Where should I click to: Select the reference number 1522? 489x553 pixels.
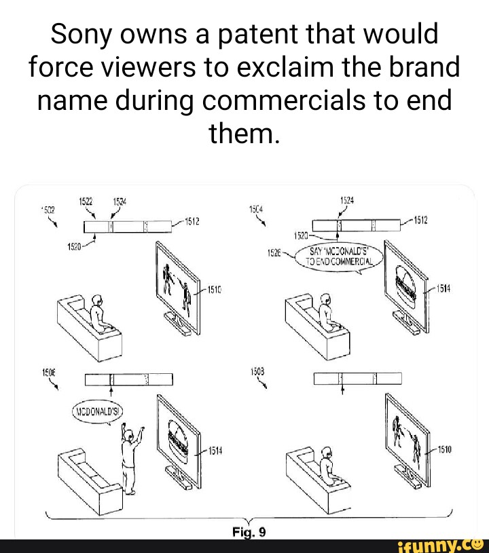click(x=86, y=200)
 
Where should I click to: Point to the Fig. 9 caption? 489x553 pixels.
click(x=245, y=531)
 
